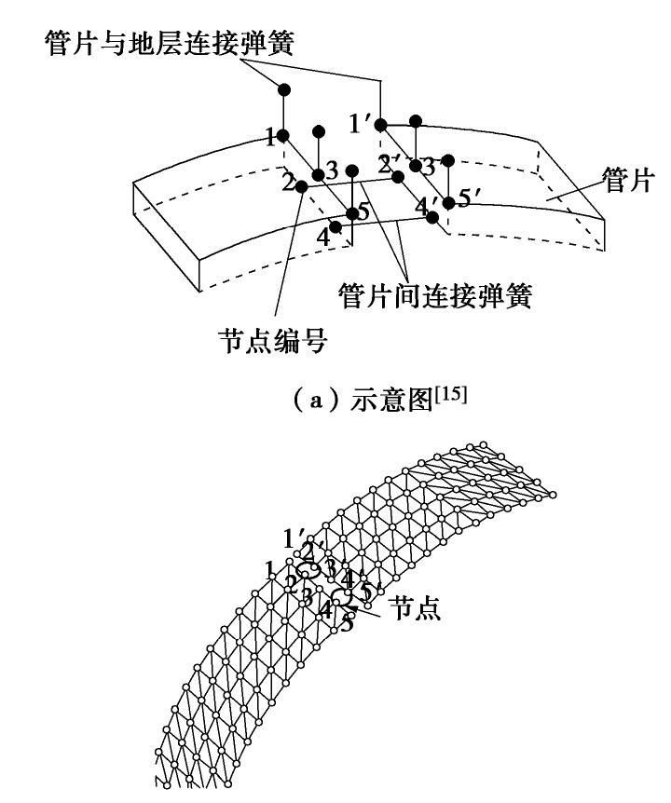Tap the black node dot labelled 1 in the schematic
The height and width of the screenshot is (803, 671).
click(x=283, y=135)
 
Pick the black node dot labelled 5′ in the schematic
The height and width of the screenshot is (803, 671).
click(x=448, y=202)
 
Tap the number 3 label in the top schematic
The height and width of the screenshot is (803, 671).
click(x=334, y=172)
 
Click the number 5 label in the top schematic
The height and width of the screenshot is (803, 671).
click(x=364, y=212)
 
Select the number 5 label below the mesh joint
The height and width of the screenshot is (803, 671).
click(x=347, y=624)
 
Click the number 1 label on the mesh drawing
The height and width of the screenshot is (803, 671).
click(x=269, y=568)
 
